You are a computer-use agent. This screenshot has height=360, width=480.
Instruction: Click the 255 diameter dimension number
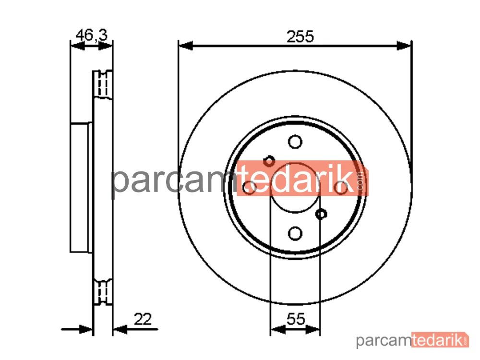[x=300, y=36]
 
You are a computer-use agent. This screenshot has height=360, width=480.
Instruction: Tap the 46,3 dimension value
[x=92, y=35]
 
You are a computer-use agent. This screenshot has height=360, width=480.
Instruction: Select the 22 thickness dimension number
[x=143, y=319]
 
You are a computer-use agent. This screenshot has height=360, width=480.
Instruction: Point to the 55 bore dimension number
[x=296, y=319]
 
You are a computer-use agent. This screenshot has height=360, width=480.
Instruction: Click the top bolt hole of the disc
[x=295, y=142]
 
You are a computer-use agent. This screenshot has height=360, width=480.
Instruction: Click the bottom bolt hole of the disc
[x=295, y=234]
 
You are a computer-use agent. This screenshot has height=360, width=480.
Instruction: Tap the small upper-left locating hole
[x=269, y=161]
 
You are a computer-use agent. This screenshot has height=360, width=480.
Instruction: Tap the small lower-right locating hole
[x=321, y=214]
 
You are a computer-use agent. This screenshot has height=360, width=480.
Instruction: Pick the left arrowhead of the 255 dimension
[x=186, y=46]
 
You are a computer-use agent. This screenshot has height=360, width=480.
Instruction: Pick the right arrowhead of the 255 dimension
[x=404, y=46]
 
